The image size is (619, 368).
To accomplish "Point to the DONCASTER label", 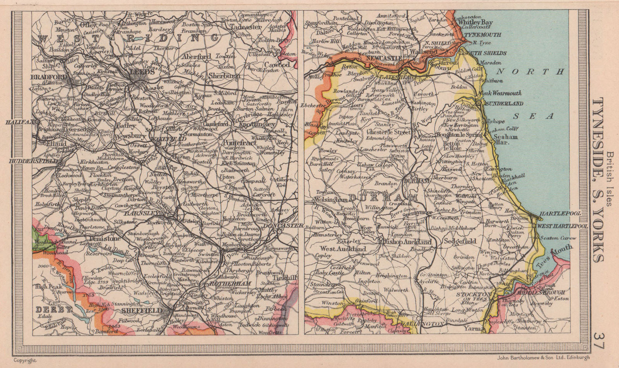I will click(x=279, y=225).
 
